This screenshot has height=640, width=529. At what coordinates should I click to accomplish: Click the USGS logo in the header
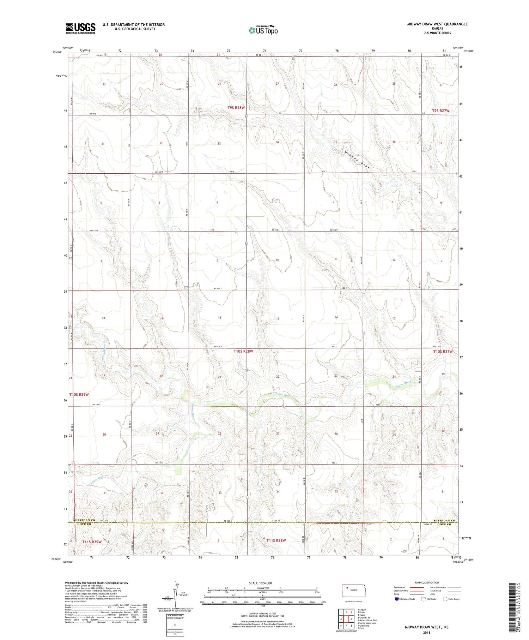point(80,28)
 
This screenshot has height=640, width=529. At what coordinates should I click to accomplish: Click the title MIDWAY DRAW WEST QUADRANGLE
point(437,24)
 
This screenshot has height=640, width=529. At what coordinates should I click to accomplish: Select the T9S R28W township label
point(236,108)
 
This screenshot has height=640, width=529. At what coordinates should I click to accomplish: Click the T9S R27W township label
point(441,111)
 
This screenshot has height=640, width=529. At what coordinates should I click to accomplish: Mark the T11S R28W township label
point(276,540)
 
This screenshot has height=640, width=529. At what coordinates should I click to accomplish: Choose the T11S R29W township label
point(92,542)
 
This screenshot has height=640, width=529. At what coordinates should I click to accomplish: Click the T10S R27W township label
point(443,352)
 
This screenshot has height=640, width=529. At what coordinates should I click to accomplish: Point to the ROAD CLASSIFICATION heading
point(427,582)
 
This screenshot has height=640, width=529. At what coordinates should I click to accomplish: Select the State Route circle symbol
point(445,599)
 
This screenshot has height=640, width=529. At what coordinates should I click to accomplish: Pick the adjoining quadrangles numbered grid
point(346,619)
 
